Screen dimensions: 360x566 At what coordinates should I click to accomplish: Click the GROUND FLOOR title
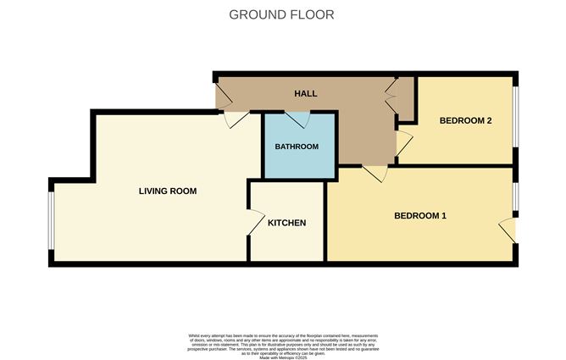[282, 14]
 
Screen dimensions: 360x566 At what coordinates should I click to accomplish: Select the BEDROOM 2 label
[465, 120]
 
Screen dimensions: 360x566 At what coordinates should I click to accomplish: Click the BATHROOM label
[297, 147]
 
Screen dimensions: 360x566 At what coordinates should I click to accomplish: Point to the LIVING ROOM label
[168, 191]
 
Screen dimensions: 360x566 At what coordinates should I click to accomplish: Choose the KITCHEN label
[286, 224]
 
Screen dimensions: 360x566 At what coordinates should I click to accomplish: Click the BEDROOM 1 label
[420, 216]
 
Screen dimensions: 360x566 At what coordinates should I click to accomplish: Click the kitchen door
[253, 222]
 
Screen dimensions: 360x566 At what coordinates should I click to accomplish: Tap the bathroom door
[302, 119]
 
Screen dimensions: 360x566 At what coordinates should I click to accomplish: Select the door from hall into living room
[236, 120]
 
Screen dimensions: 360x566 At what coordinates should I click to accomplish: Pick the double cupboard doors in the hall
[391, 95]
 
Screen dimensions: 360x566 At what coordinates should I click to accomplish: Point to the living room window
[51, 221]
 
